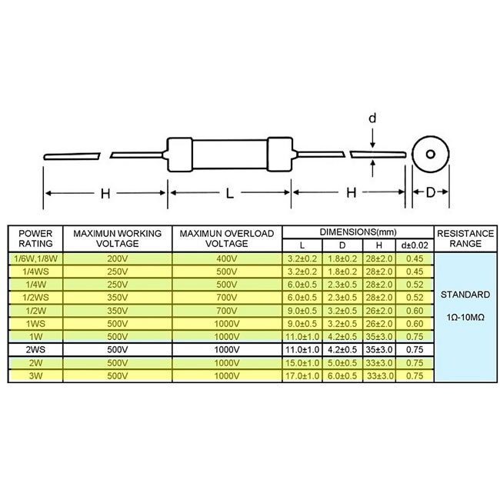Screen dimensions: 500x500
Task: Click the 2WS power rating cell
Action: pyautogui.click(x=35, y=349)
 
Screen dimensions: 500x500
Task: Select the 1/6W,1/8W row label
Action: pyautogui.click(x=35, y=258)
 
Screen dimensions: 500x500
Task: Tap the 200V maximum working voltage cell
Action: pyautogui.click(x=118, y=258)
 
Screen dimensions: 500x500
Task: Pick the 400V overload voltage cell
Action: pyautogui.click(x=227, y=258)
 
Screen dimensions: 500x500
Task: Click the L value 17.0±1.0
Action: pyautogui.click(x=302, y=375)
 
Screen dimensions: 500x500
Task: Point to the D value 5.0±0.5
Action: pyautogui.click(x=342, y=363)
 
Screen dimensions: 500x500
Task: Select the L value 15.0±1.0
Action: pyautogui.click(x=302, y=363)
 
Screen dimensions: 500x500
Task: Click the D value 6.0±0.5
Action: pyautogui.click(x=342, y=375)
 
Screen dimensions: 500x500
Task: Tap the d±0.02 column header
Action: pyautogui.click(x=415, y=245)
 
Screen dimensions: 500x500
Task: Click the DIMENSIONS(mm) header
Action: pyautogui.click(x=358, y=232)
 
